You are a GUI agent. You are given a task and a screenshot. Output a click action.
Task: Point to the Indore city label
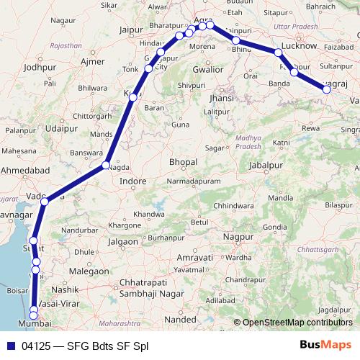tap(132, 181)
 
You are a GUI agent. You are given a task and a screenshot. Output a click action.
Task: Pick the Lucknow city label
tap(299, 45)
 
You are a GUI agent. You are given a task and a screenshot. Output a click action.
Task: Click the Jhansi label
tap(220, 97)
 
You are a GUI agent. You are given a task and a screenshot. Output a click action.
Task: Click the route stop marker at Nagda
tap(105, 166)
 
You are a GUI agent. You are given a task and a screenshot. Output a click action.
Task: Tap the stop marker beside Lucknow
tap(278, 52)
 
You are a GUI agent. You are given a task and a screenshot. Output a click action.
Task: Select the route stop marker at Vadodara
tap(45, 201)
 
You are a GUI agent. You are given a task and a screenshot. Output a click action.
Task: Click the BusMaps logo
tap(325, 346)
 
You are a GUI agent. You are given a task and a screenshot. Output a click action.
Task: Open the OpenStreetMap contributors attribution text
tap(297, 322)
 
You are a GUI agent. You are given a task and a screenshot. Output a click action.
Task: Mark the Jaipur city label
tap(130, 30)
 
